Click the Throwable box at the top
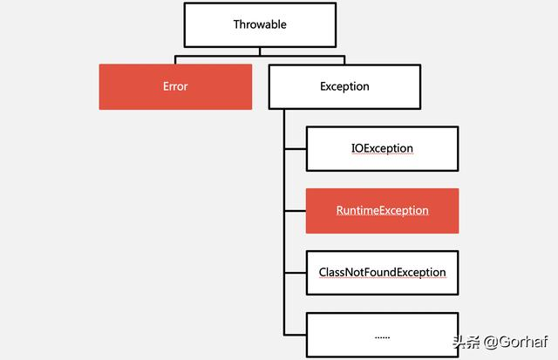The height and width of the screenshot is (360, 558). pos(260,24)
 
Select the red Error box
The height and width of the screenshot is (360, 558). pos(175,86)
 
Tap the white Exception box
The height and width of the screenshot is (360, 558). pos(344,86)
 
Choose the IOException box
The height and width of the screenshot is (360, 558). pos(382,148)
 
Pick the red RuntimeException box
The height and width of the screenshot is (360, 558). pos(382,210)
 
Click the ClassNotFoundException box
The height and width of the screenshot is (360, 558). pos(382,272)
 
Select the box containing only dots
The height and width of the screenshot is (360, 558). pos(382,335)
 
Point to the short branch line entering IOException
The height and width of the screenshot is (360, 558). pos(295,148)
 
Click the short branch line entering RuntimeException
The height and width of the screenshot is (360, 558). pos(295,210)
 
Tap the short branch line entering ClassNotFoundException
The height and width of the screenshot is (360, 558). pos(295,272)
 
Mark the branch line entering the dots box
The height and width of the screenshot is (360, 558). pos(295,335)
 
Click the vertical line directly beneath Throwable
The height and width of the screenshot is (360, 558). pos(260,52)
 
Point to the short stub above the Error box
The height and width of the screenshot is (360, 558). pos(175,61)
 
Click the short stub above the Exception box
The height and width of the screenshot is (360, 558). pos(344,61)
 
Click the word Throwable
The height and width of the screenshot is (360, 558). pos(260,24)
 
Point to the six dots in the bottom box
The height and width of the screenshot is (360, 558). pos(382,336)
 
